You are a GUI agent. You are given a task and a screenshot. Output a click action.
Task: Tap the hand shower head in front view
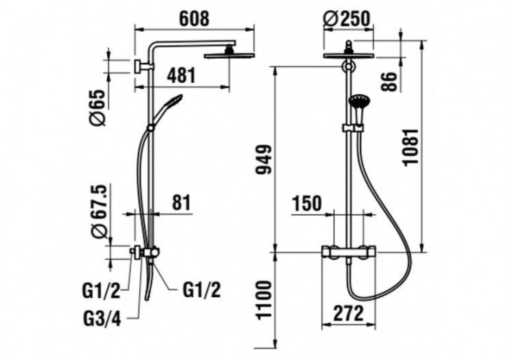(x=358, y=103)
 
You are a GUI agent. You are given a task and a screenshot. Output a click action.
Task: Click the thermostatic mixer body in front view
(x=349, y=251)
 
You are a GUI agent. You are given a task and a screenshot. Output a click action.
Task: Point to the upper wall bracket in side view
(x=142, y=66)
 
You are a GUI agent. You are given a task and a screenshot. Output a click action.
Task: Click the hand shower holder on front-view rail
(x=350, y=128)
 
